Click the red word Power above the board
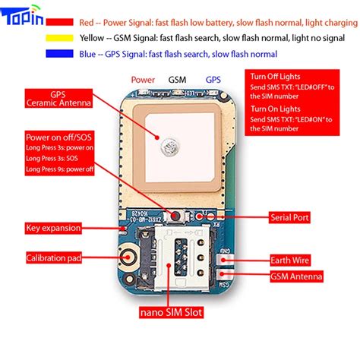(x=143, y=79)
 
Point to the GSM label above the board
(x=177, y=79)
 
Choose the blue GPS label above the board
(x=213, y=79)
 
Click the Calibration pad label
(x=54, y=257)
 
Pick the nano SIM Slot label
(x=170, y=311)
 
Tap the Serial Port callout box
(x=289, y=217)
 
